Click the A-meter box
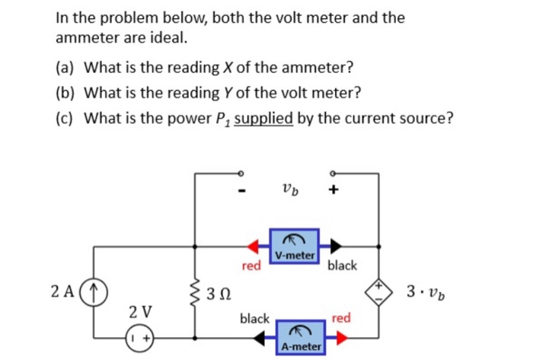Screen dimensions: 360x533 pyautogui.click(x=302, y=336)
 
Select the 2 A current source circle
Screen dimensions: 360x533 pyautogui.click(x=94, y=291)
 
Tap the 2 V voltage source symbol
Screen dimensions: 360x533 pyautogui.click(x=140, y=336)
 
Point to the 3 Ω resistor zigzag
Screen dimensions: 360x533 pyautogui.click(x=196, y=291)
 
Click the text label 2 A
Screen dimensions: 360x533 pyautogui.click(x=63, y=291)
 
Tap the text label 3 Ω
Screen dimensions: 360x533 pyautogui.click(x=221, y=292)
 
